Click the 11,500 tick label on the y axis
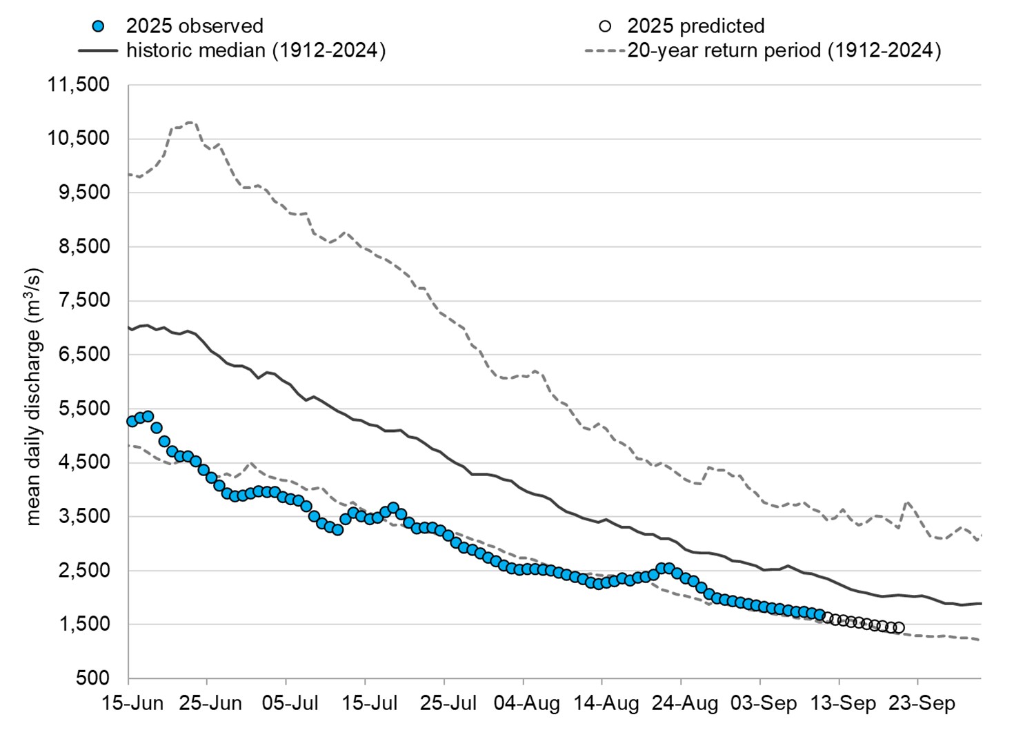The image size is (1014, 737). (78, 85)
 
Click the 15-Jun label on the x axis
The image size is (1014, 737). (132, 703)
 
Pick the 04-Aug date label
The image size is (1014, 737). (527, 703)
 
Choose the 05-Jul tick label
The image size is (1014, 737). (290, 703)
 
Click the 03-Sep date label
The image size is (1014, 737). (764, 703)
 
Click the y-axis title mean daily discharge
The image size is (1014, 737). (34, 397)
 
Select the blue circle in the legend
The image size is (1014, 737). (98, 26)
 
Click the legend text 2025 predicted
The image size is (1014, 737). (695, 26)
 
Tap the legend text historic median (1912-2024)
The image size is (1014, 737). (255, 50)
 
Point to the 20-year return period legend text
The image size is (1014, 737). (784, 50)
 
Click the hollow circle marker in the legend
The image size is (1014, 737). (605, 26)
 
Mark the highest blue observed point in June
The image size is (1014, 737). (148, 416)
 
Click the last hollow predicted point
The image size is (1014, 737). (898, 627)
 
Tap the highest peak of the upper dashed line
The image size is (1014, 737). (190, 123)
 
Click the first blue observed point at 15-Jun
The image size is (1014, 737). (132, 421)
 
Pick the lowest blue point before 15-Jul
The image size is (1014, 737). (337, 530)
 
